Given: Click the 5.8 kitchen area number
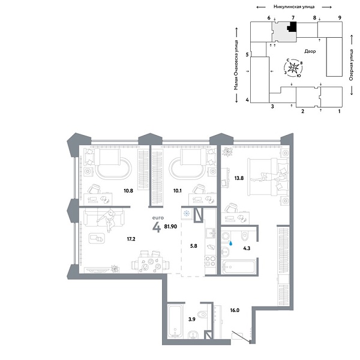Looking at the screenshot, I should tap(193, 245).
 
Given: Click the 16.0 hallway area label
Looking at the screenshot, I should tap(234, 311).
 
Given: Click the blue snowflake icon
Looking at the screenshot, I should tap(186, 214).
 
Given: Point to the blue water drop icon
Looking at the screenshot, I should tap(231, 244).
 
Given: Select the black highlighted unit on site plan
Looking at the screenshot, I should tap(292, 28).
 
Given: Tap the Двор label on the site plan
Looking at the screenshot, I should tap(310, 52).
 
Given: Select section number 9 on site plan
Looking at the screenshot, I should tap(340, 19).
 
